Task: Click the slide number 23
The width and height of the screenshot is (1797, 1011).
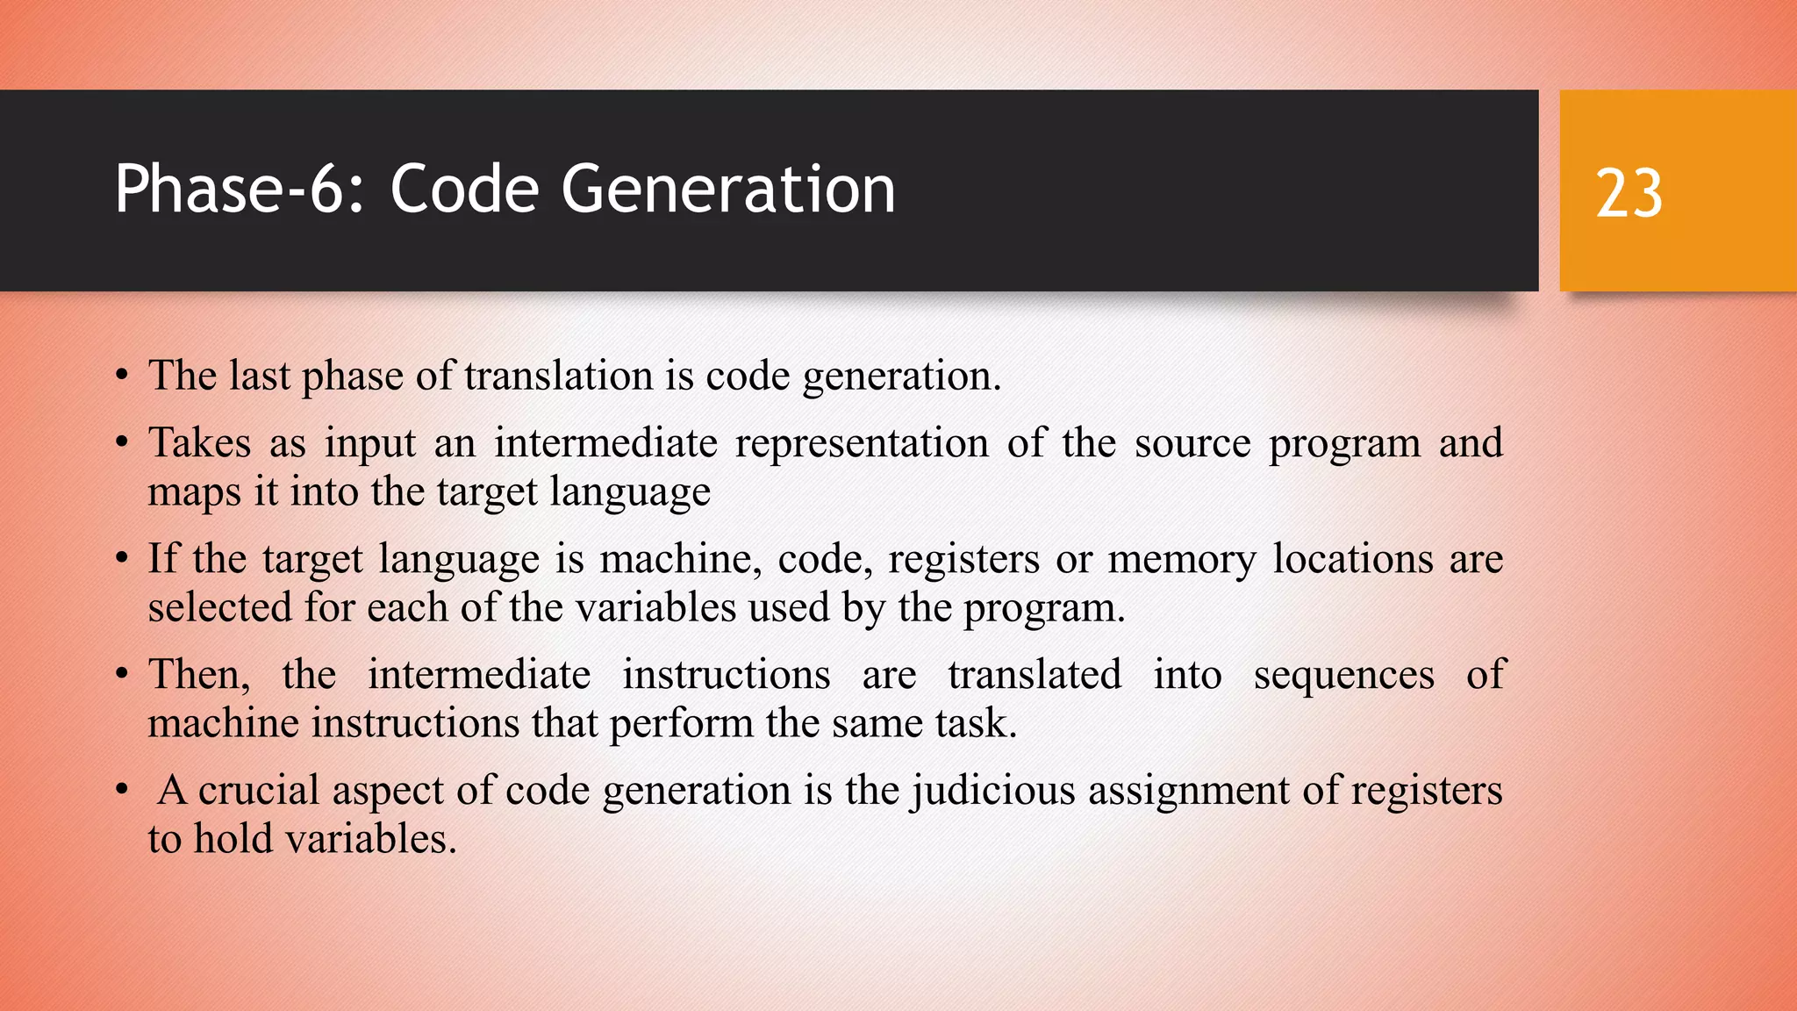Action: click(1629, 193)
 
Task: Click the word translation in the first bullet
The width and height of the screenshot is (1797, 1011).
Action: click(558, 376)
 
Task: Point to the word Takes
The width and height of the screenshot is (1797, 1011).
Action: click(199, 442)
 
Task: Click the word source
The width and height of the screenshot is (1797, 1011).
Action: click(1192, 442)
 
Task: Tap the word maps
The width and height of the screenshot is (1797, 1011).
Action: click(194, 492)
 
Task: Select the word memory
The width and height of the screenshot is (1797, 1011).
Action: click(1181, 559)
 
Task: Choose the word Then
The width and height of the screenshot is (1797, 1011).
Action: click(198, 675)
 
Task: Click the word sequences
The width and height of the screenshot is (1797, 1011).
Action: click(1343, 675)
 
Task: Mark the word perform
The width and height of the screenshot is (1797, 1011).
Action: click(681, 724)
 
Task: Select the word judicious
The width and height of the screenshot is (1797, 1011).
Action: click(993, 790)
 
